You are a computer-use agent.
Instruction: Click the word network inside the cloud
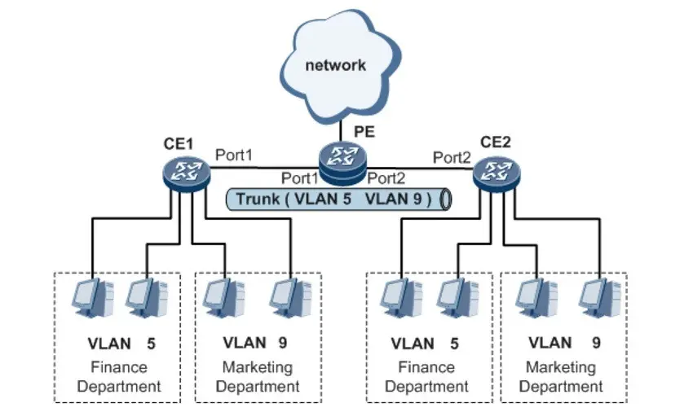(335, 64)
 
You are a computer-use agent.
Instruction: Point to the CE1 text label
(178, 144)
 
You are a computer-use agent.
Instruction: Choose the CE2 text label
(495, 142)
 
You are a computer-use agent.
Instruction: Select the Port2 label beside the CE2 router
(452, 156)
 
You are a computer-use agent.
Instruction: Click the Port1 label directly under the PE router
(299, 178)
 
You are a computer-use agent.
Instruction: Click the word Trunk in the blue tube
(257, 199)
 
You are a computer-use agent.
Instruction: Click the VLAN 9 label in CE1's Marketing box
(255, 344)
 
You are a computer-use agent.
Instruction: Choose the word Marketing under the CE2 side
(560, 368)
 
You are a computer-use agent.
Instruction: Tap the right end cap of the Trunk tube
(445, 199)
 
